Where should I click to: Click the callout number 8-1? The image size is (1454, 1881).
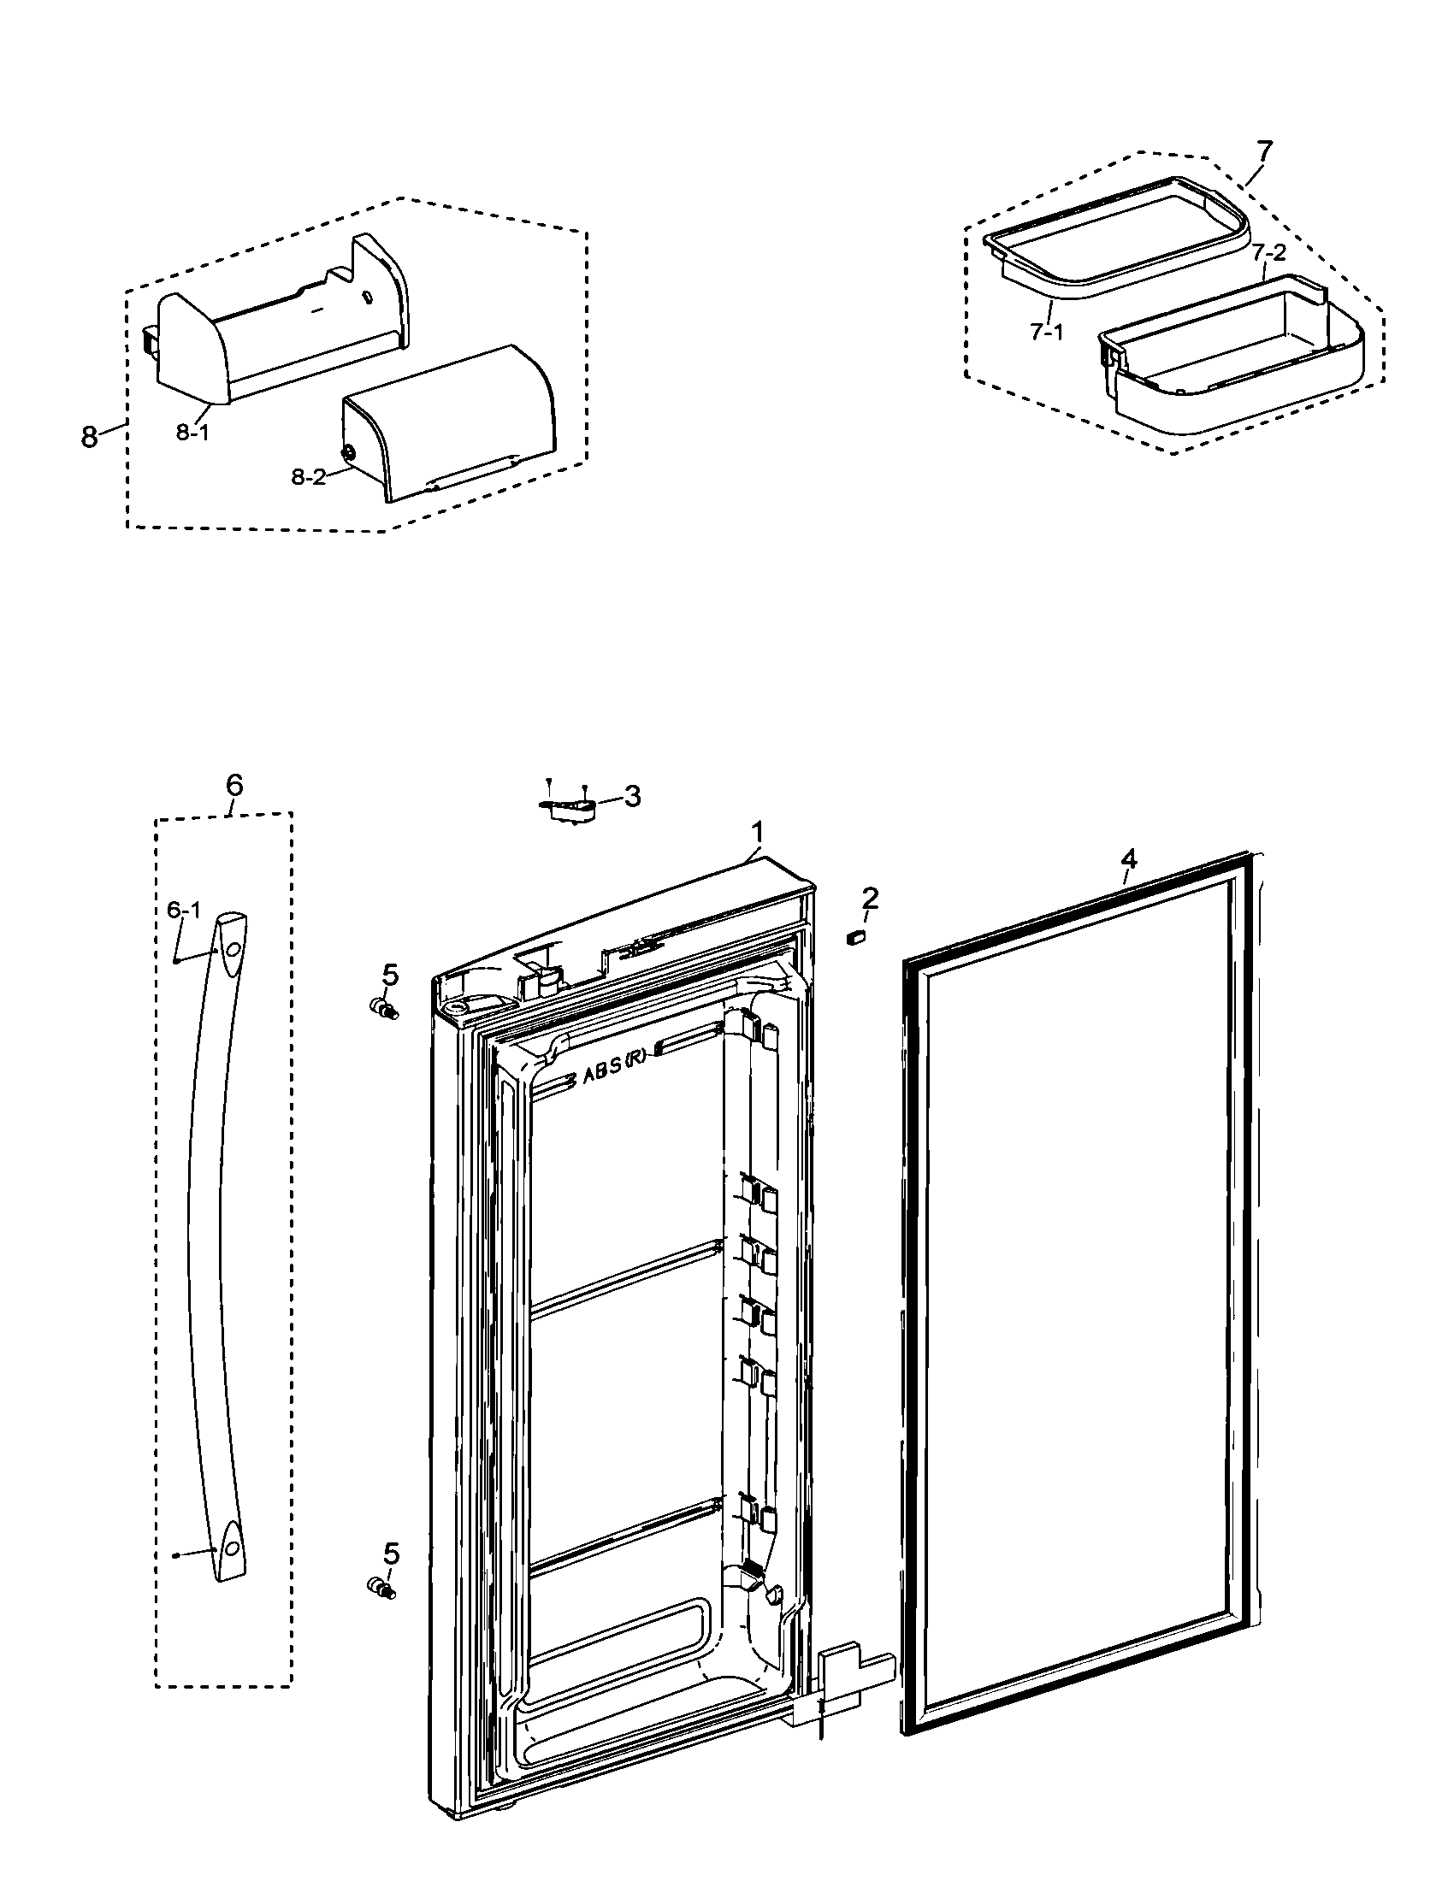192,433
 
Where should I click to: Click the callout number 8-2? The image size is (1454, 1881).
309,477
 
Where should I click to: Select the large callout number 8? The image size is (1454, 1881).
89,437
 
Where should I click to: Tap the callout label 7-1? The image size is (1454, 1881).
1047,332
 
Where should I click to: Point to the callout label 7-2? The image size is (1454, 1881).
1268,253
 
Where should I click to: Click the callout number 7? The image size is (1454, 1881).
1263,151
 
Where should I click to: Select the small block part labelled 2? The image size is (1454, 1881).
856,936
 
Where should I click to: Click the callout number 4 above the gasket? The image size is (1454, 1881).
1128,858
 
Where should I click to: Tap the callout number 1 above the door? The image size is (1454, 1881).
757,832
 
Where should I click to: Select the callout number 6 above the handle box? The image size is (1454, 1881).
234,785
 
